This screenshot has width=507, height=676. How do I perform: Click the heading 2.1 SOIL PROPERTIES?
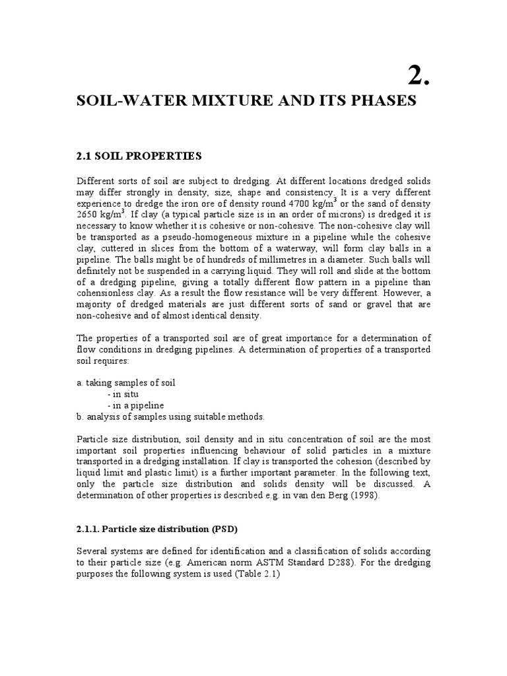pos(139,156)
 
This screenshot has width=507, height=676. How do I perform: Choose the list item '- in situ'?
pos(123,394)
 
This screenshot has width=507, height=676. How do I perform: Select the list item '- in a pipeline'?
pos(135,405)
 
